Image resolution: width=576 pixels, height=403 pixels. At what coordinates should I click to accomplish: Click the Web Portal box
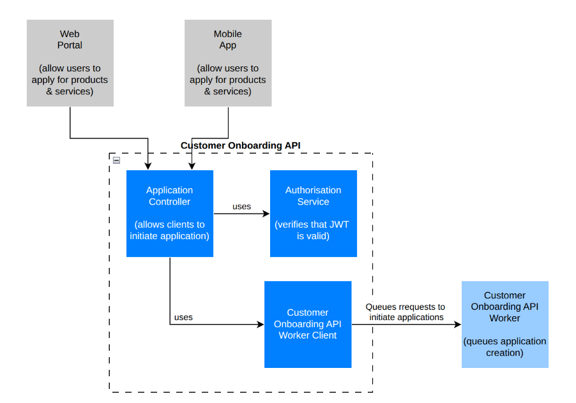click(x=70, y=62)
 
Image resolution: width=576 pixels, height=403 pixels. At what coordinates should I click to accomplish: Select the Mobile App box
click(x=228, y=62)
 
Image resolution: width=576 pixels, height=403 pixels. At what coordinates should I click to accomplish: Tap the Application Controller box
click(x=170, y=214)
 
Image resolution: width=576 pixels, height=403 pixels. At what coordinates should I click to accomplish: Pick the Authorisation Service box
click(x=313, y=214)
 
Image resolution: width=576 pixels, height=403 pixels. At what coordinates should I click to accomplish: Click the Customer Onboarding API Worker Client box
click(x=308, y=324)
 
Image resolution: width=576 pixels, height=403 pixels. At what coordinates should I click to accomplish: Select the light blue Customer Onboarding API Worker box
click(x=504, y=324)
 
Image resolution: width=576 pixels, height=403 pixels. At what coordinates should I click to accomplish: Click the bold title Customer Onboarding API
click(x=240, y=145)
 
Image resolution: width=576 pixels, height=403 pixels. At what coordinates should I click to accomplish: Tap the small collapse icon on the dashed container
click(x=116, y=160)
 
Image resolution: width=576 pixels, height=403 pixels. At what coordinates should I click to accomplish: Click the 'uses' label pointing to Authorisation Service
click(x=241, y=207)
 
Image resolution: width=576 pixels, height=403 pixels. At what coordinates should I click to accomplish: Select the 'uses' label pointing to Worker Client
click(x=183, y=317)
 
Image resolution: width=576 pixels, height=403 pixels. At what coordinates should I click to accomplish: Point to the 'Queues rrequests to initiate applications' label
click(x=405, y=312)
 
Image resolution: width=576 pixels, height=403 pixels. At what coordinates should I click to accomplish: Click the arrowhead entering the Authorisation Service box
click(x=266, y=214)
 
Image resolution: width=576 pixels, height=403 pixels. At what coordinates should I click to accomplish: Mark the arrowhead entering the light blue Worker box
click(x=457, y=325)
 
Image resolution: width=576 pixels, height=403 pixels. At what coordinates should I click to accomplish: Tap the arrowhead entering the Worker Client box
click(x=261, y=325)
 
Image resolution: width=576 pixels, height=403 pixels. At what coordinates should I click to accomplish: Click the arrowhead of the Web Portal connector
click(x=148, y=166)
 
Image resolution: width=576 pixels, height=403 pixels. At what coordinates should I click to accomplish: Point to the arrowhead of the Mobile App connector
click(x=191, y=166)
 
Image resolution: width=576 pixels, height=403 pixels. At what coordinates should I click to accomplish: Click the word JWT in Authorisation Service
click(x=338, y=224)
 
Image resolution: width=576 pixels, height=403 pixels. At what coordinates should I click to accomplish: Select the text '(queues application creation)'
click(x=504, y=347)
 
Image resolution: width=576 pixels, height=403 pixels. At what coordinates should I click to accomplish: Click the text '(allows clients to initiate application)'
click(x=170, y=230)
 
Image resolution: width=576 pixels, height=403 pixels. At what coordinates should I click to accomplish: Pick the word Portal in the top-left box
click(x=70, y=45)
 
